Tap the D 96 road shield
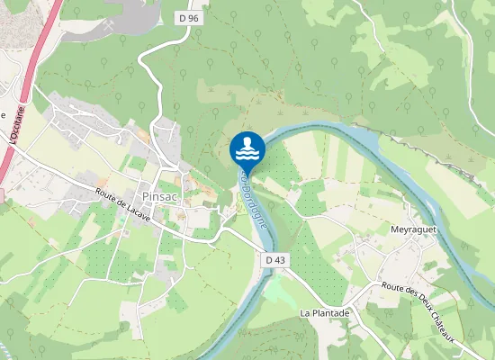[187, 17]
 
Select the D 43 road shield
[276, 260]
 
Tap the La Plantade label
[324, 313]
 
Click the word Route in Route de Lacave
[106, 193]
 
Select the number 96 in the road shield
[192, 17]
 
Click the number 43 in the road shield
[281, 260]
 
